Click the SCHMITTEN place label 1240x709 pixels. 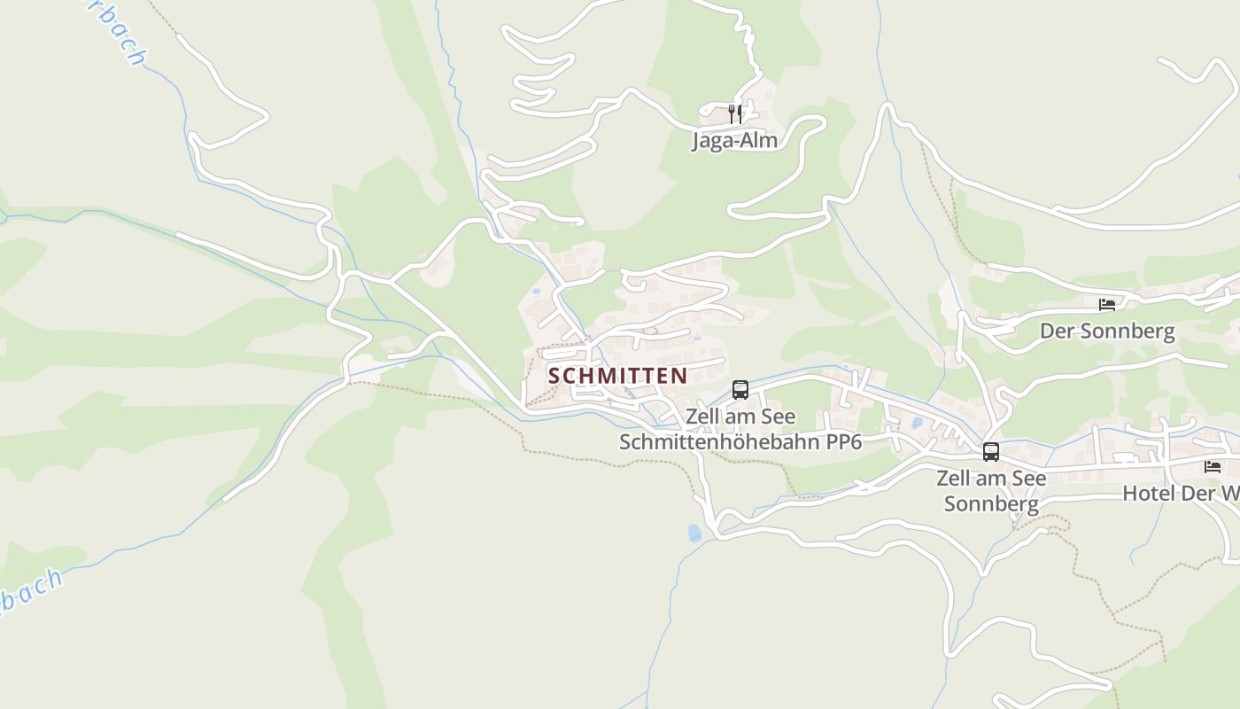[617, 376]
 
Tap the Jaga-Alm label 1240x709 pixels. [734, 140]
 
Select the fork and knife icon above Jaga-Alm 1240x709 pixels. [734, 113]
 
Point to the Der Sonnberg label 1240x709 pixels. [1107, 331]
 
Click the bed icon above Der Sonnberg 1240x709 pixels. [1107, 305]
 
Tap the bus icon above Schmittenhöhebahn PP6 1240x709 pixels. [740, 390]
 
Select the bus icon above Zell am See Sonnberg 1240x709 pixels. [991, 452]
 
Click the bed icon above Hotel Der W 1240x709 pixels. [1213, 467]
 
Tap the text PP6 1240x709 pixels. [844, 442]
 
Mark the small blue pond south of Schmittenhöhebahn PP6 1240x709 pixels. [694, 533]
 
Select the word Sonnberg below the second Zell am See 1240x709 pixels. [991, 504]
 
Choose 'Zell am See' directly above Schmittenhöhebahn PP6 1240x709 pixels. [740, 417]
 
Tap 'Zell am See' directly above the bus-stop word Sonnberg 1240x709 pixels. [991, 479]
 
